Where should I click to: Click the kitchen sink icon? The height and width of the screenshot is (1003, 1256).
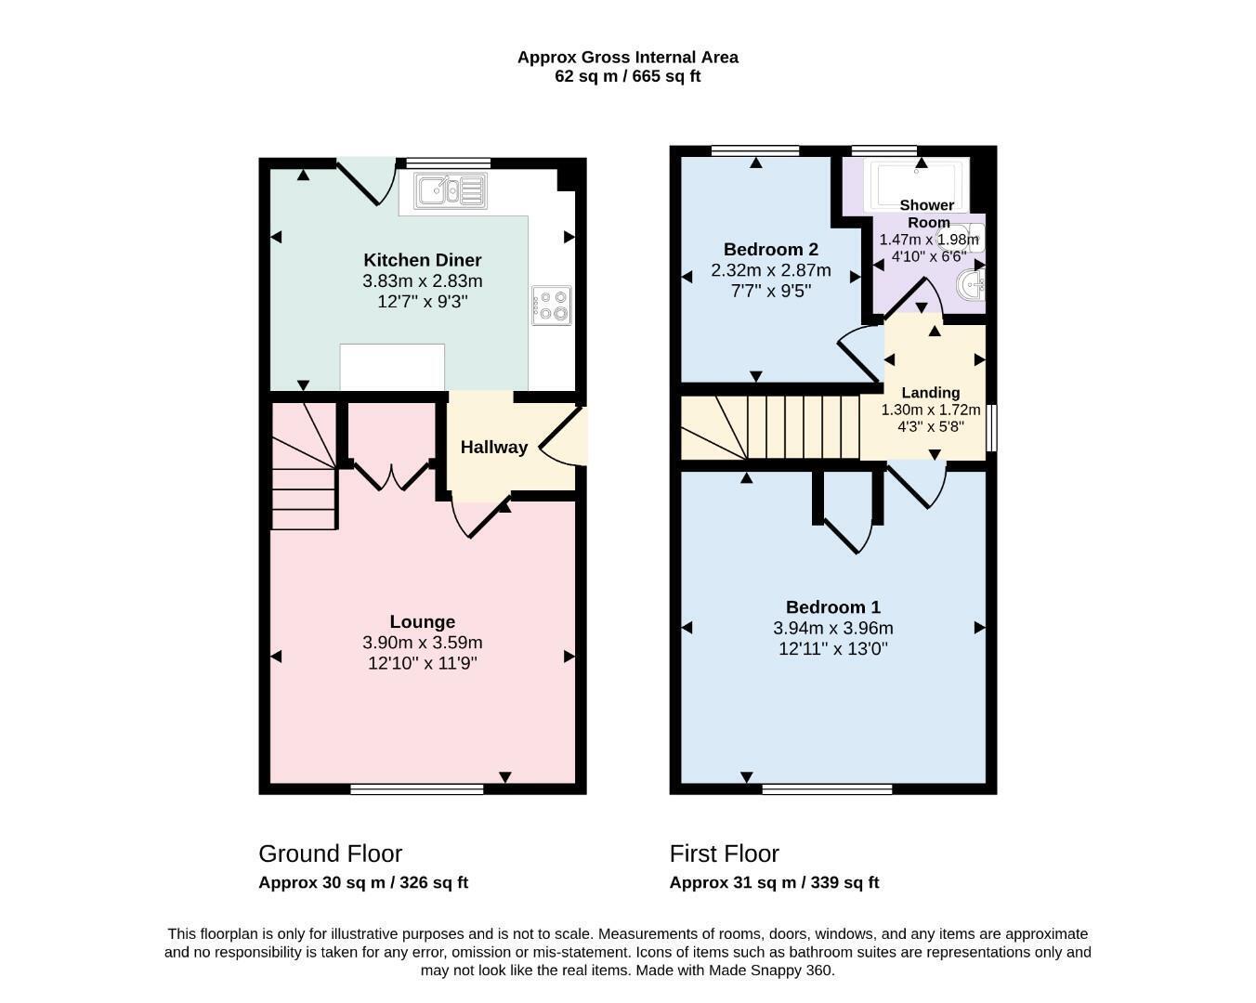450,190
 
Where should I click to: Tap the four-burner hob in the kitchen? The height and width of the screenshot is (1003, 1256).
552,306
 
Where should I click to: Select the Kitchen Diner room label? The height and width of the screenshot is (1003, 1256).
423,260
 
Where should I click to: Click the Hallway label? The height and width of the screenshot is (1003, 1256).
494,447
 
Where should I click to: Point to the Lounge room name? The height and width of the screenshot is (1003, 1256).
423,621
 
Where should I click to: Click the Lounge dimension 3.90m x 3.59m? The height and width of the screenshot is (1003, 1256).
423,643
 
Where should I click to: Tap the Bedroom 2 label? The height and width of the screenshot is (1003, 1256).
771,249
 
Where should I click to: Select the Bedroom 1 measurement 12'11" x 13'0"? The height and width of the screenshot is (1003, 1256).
833,649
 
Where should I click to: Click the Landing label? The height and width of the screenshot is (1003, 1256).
930,393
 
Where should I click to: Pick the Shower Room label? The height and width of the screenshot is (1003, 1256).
927,214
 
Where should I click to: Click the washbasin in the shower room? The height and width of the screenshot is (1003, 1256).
971,286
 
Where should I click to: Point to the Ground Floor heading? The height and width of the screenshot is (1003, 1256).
331,853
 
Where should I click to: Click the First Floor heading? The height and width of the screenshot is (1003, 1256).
725,853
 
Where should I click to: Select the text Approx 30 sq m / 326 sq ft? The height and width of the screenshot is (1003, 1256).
363,882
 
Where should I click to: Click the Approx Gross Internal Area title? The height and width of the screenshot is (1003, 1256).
628,58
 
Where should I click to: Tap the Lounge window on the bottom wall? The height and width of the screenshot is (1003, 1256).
417,788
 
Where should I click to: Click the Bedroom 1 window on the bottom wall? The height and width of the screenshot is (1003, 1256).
827,788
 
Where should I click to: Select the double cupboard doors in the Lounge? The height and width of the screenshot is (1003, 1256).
392,476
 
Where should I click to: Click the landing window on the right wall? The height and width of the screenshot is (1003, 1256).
991,428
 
